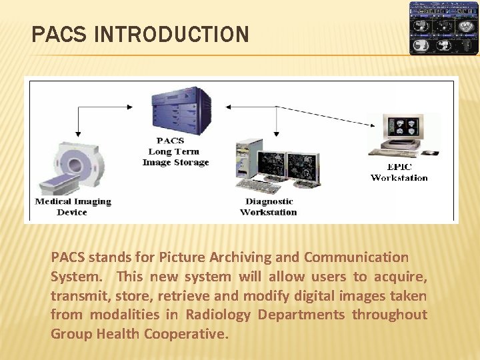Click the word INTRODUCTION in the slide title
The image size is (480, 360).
tap(172, 35)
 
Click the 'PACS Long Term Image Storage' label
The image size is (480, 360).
tap(175, 151)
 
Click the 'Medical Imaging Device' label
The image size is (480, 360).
tap(73, 207)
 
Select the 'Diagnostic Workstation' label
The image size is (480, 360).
tap(269, 207)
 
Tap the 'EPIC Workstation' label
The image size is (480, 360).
tap(399, 172)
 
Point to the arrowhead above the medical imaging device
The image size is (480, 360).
tap(79, 134)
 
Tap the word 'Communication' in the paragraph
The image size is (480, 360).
tap(356, 257)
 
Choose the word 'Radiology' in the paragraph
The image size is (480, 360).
tap(218, 315)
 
